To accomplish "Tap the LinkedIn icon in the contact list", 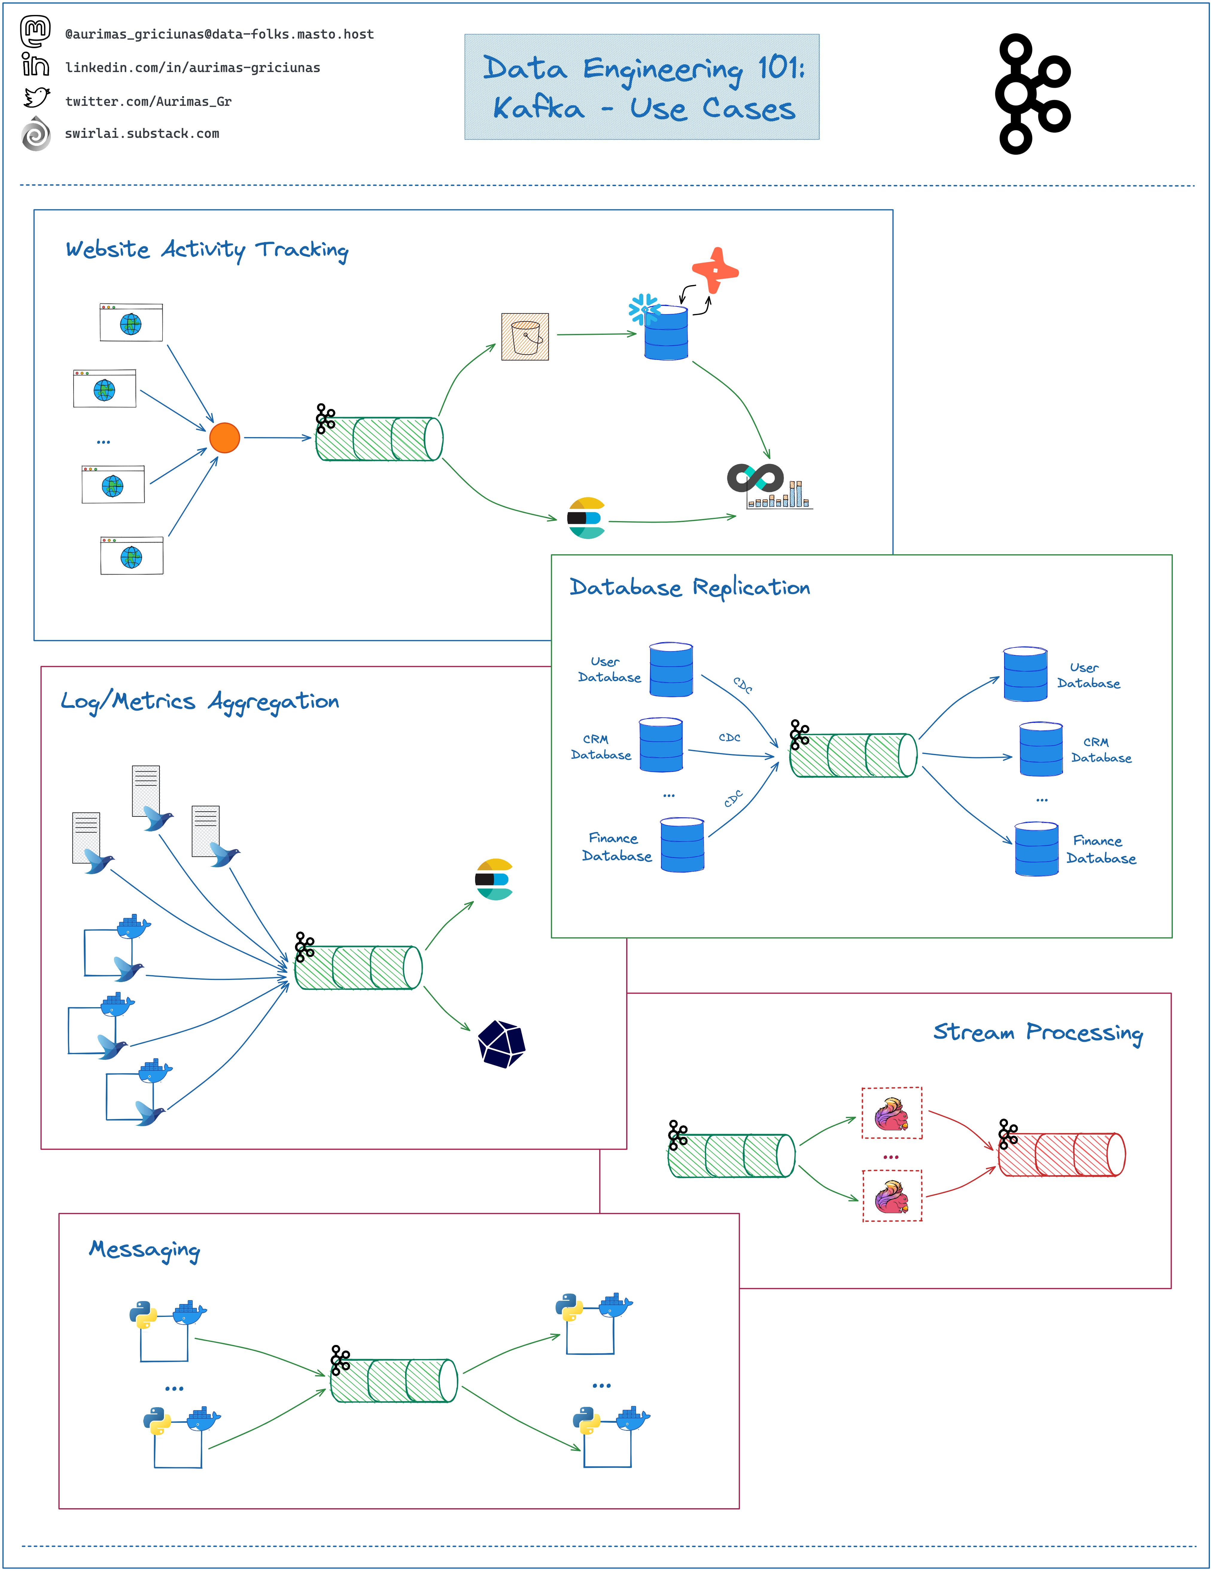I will point(35,65).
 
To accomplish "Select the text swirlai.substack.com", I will point(142,134).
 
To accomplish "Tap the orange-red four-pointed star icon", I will point(715,271).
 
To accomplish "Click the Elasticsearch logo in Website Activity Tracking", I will point(586,518).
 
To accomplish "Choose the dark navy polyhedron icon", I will point(502,1044).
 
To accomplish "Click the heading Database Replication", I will point(690,588).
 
